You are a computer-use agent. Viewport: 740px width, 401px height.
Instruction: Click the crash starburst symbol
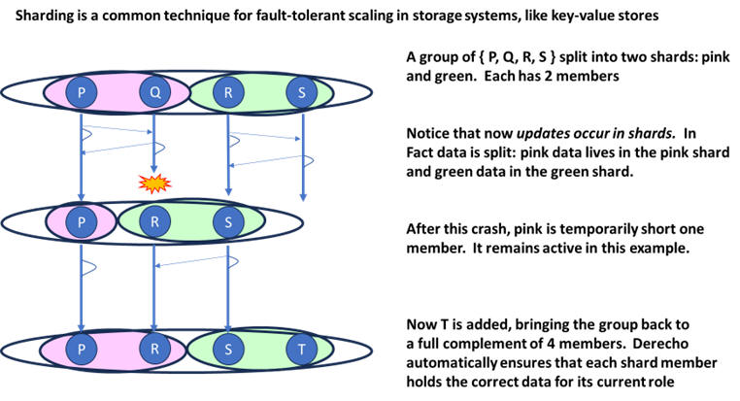pyautogui.click(x=151, y=182)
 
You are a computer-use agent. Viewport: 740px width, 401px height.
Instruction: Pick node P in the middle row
pyautogui.click(x=81, y=221)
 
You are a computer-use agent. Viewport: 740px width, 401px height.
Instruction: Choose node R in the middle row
pyautogui.click(x=154, y=221)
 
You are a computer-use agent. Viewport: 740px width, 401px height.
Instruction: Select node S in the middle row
pyautogui.click(x=228, y=221)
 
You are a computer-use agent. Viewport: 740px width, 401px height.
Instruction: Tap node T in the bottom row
pyautogui.click(x=303, y=349)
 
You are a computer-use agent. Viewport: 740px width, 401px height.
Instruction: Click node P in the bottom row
pyautogui.click(x=81, y=349)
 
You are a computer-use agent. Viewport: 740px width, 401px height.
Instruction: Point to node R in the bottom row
pyautogui.click(x=154, y=349)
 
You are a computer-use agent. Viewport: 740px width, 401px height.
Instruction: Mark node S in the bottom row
pyautogui.click(x=228, y=349)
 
